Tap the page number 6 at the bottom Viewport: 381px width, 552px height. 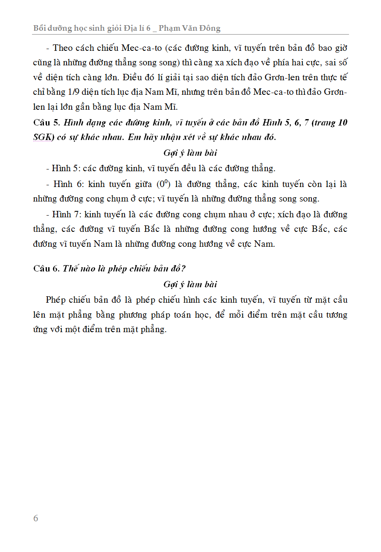coord(36,518)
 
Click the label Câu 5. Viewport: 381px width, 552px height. coord(47,123)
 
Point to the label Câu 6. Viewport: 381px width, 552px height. coord(47,269)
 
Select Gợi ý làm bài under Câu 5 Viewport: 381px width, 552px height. coord(190,153)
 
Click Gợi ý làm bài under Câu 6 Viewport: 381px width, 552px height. coord(190,284)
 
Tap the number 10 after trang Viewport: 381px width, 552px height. coord(342,123)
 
